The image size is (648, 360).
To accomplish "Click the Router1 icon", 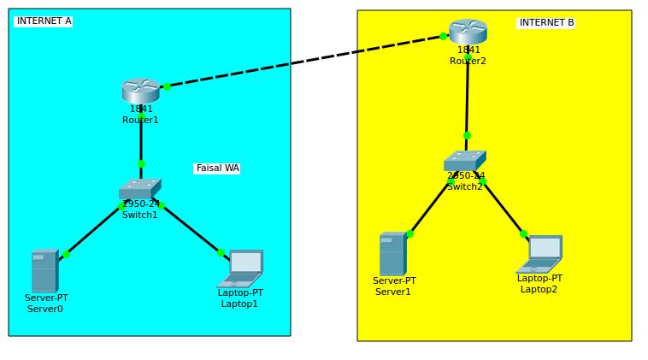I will coord(140,90).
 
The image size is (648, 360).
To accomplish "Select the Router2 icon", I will coord(468,32).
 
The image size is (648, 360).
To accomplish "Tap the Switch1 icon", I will coord(139,189).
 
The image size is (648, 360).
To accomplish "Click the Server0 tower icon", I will coord(44,271).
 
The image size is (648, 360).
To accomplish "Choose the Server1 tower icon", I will coord(392,254).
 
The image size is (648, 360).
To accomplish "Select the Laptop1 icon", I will coord(242,268).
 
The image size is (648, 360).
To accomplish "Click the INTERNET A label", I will coord(44,21).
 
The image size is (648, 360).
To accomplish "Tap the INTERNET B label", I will coord(546,23).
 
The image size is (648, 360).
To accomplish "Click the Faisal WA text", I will coord(217,168).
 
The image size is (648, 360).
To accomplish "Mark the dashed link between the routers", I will coord(303,61).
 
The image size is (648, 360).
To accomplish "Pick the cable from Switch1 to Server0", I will coord(94,230).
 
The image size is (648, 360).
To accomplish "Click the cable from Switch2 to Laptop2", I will coord(504,209).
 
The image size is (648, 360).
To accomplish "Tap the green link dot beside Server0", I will coord(66,254).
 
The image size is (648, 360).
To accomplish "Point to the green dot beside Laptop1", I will coord(221,252).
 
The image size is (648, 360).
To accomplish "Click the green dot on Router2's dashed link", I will coord(443,36).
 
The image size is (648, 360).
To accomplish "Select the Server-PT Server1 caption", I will coord(393,286).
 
